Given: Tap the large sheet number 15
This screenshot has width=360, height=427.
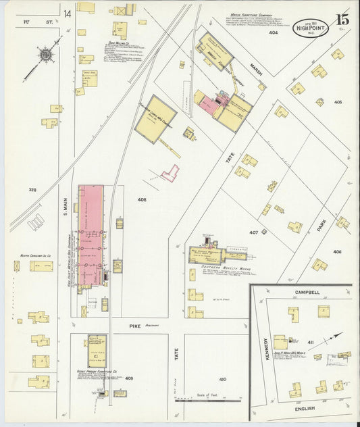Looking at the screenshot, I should [x=342, y=20].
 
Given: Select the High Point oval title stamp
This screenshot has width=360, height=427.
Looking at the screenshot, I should [x=309, y=28].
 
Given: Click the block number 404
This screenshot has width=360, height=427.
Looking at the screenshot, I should [x=273, y=32].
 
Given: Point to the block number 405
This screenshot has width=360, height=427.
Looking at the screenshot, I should [x=337, y=102].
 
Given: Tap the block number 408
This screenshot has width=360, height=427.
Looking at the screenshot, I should [x=142, y=200].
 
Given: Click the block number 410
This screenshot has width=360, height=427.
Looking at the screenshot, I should [x=222, y=380].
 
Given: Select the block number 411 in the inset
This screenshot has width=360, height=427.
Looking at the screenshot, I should [x=311, y=343].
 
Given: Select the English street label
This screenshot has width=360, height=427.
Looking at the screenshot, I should [x=307, y=409].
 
